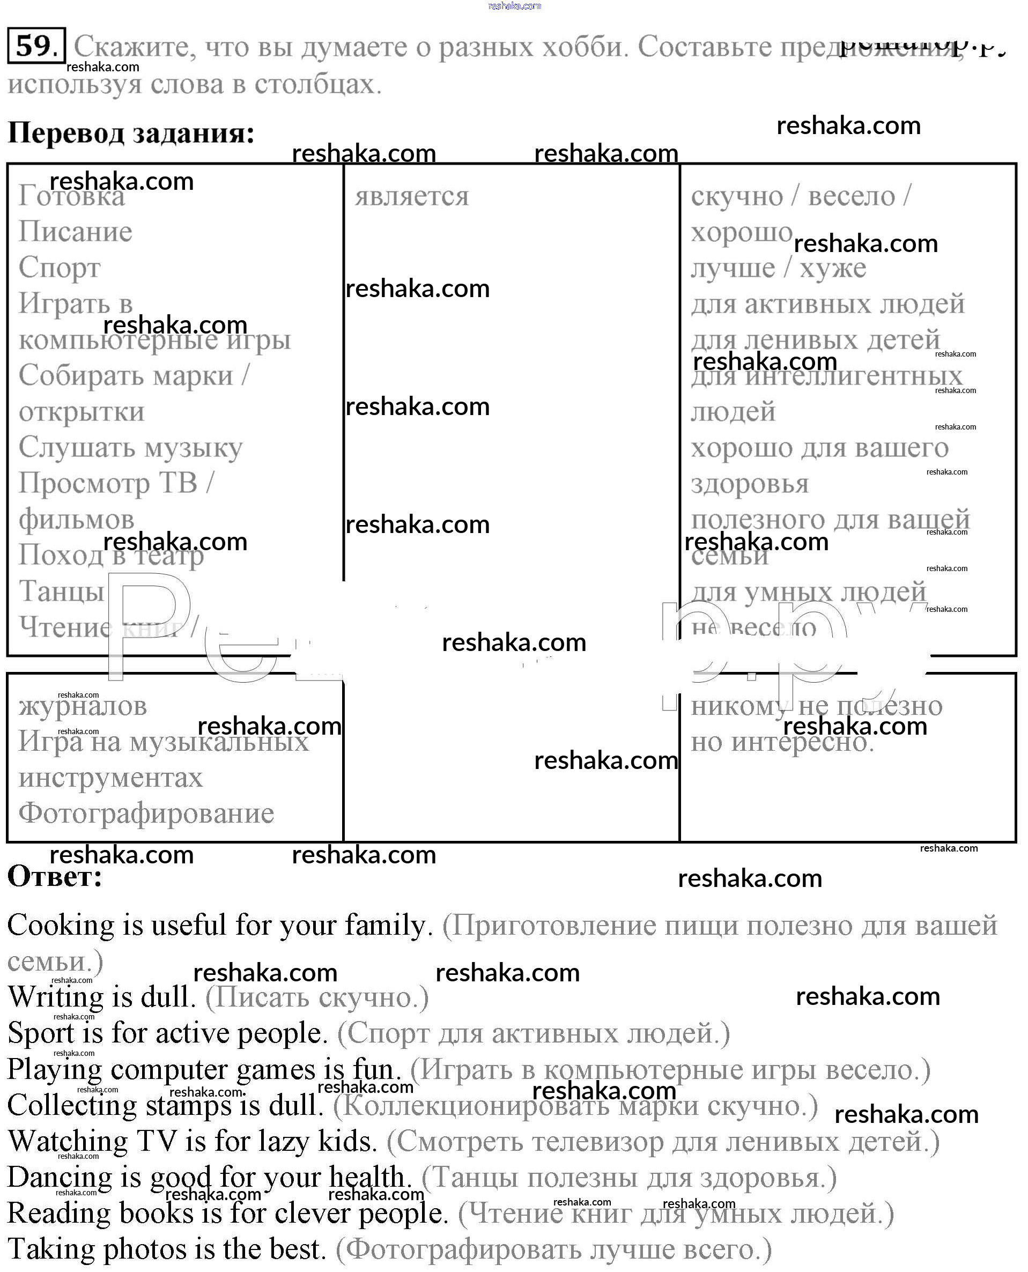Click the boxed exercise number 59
click(35, 46)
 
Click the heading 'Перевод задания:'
click(131, 132)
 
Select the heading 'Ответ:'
click(55, 876)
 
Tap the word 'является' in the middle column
click(411, 196)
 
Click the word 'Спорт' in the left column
click(59, 268)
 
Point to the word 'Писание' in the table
click(75, 232)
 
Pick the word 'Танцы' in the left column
click(62, 591)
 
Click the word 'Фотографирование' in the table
click(146, 813)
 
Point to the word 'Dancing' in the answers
click(59, 1177)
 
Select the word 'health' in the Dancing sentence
click(367, 1177)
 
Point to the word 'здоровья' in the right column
click(750, 484)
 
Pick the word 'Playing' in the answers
click(55, 1069)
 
